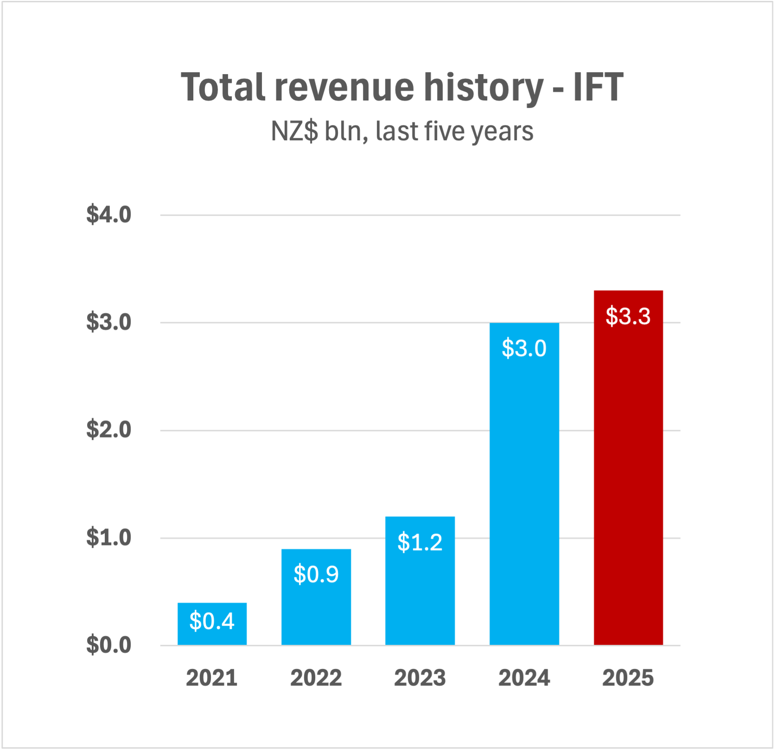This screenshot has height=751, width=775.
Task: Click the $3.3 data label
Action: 628,316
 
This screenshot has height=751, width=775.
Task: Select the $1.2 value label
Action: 420,542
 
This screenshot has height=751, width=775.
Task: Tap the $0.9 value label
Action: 316,574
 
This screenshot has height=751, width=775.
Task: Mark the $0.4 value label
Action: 212,621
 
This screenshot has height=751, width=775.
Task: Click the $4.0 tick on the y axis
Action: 108,214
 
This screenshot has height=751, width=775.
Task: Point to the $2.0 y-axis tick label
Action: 108,430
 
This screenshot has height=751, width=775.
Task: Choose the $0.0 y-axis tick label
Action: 108,645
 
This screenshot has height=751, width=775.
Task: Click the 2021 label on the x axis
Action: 212,678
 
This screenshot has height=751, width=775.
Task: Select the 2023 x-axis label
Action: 420,678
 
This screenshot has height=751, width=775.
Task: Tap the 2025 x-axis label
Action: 628,678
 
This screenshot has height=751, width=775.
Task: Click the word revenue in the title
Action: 344,88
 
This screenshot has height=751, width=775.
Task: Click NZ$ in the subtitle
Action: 294,131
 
